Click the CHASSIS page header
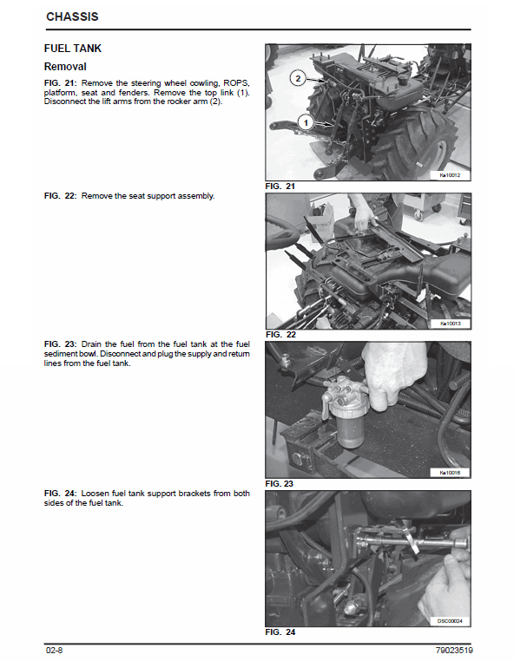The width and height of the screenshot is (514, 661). pos(72,16)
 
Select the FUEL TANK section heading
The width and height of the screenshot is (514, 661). pos(73,49)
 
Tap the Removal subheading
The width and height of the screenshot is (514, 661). pos(65,67)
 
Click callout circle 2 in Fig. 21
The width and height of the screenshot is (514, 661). pos(298,78)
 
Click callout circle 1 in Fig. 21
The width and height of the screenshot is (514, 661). pos(306,122)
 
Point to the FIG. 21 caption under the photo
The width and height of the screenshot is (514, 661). pos(280,187)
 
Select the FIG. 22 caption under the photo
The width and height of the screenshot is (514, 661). pos(280,335)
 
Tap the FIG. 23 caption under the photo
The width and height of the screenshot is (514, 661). pos(280,484)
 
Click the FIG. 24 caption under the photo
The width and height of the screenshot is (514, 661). pos(280,632)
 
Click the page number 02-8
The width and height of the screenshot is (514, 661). pos(54,650)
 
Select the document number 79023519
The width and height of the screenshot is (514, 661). pos(454,650)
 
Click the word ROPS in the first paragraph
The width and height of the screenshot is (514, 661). pos(236,83)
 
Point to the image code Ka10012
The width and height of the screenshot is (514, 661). pos(450,175)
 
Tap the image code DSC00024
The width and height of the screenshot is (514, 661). pos(450,621)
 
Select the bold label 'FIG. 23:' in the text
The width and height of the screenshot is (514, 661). pos(61,344)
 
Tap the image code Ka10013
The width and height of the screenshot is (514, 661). pos(451,324)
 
